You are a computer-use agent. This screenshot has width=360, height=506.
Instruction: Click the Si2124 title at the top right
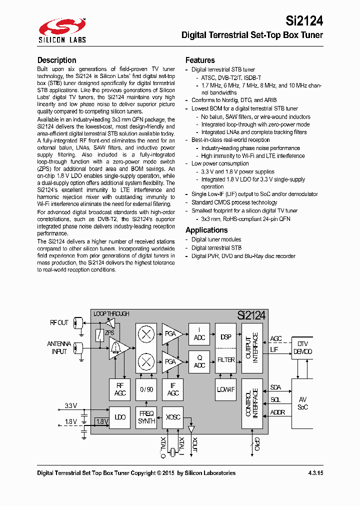pos(304,20)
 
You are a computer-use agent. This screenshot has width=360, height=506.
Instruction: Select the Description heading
pos(56,60)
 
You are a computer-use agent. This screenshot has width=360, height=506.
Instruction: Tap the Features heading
pos(200,60)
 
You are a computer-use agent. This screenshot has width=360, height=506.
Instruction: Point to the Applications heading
pos(206,230)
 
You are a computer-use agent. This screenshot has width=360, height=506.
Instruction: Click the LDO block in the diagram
pos(120,417)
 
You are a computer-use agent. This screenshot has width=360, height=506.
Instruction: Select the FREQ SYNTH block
pos(146,417)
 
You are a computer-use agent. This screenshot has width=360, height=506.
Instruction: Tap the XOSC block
pos(173,417)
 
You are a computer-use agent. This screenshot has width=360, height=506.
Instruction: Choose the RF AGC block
pos(120,389)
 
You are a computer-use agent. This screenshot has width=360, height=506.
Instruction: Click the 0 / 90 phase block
pos(146,389)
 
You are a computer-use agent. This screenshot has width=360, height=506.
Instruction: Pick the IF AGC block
pos(173,389)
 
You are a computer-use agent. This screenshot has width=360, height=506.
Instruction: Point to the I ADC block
pos(199,334)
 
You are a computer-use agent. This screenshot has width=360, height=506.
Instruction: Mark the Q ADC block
pos(199,361)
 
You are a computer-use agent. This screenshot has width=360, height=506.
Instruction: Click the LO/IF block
pos(225,389)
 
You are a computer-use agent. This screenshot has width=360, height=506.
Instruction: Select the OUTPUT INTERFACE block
pos(252,348)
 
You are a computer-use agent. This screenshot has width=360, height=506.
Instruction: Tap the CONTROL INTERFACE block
pos(252,403)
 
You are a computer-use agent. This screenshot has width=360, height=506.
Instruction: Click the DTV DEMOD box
pos(302,348)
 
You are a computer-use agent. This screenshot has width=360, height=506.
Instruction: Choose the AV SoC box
pos(302,403)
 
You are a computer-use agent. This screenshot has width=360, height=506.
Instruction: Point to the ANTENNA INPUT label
pos(59,348)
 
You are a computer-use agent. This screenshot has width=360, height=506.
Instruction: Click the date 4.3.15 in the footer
pos(315,473)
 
